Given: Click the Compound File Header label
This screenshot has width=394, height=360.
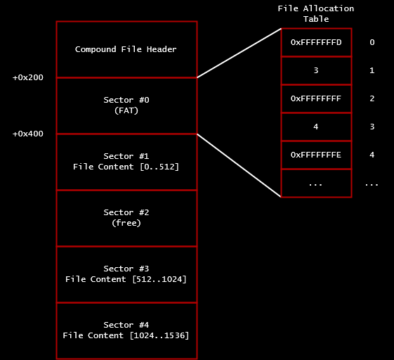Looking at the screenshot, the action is click(x=126, y=49).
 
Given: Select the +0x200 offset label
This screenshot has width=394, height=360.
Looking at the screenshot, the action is click(x=28, y=77).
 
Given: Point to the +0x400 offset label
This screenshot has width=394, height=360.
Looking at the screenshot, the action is click(x=28, y=134).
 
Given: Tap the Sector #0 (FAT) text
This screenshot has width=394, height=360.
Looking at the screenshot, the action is click(x=126, y=105).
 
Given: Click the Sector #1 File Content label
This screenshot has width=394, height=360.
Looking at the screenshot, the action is click(x=126, y=162).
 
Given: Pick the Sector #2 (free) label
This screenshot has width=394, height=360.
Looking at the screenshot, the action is click(x=126, y=217).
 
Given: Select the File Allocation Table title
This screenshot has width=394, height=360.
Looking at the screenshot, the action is click(x=316, y=13).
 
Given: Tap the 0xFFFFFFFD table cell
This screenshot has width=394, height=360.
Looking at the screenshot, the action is click(x=316, y=42).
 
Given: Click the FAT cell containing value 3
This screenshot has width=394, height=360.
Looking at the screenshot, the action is click(x=316, y=70).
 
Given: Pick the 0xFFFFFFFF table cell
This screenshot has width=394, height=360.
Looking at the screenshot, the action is click(x=316, y=98).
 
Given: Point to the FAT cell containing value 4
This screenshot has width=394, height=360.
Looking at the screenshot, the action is click(x=316, y=127).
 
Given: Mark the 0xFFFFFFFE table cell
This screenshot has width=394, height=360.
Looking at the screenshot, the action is click(x=316, y=155).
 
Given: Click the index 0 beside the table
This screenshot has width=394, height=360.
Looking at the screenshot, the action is click(x=372, y=42).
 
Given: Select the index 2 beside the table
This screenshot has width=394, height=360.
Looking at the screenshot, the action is click(x=372, y=98).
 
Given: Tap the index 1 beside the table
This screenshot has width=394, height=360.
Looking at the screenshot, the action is click(x=372, y=70).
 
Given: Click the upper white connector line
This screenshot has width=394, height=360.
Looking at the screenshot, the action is click(x=239, y=53).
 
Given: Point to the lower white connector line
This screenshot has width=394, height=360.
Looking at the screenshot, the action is click(x=239, y=165).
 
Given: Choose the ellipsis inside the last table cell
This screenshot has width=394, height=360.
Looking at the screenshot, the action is click(x=315, y=185).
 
